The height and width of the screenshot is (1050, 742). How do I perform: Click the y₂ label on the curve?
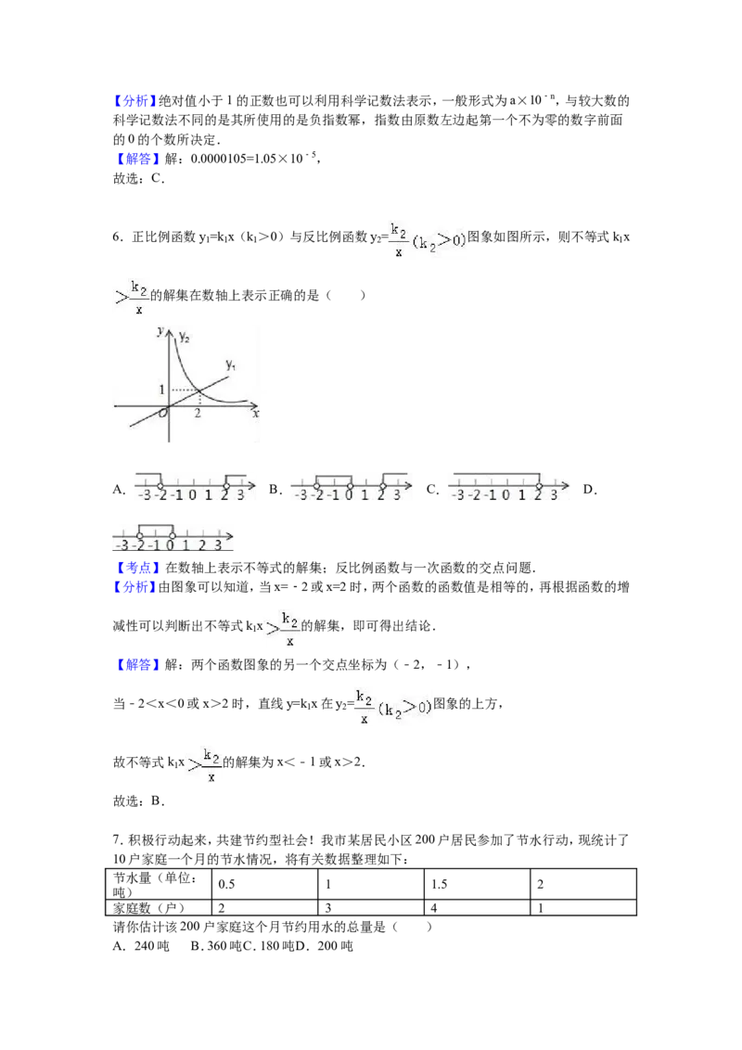pyautogui.click(x=184, y=337)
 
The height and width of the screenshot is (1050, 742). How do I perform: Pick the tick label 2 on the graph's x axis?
pyautogui.click(x=198, y=414)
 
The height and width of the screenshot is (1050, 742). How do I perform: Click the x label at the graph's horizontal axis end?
pyautogui.click(x=255, y=414)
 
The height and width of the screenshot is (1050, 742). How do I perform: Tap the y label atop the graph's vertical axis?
pyautogui.click(x=160, y=330)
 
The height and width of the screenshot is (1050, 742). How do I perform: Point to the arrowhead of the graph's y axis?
pyautogui.click(x=168, y=327)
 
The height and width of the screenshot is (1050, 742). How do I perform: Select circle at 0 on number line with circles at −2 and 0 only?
pyautogui.click(x=172, y=535)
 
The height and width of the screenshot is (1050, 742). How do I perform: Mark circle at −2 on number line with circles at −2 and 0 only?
pyautogui.click(x=139, y=535)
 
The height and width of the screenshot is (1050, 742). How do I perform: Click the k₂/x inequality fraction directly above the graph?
pyautogui.click(x=135, y=296)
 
